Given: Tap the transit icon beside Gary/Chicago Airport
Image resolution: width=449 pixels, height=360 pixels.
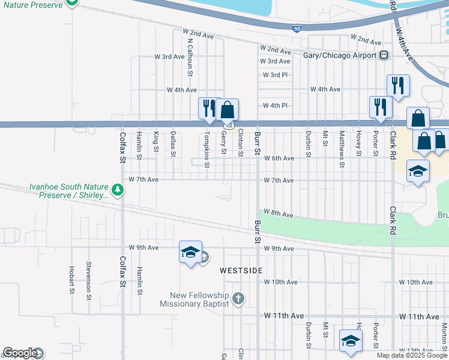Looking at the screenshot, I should pos(383,55).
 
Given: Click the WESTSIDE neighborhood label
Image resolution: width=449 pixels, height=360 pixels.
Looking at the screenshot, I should pos(241,271).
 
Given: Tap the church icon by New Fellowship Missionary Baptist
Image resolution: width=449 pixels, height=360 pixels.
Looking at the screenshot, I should pos(238,298).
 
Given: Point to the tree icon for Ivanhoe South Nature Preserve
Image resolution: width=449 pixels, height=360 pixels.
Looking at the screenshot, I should pos(118,190).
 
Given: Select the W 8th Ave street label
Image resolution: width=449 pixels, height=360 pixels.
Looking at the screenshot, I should pos(279,214).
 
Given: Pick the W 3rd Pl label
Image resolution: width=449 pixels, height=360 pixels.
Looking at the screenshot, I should pos(276,75).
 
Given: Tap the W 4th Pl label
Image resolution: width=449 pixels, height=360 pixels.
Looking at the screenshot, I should pos(276,106).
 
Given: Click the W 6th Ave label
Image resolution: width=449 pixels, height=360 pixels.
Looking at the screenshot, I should pos(279,158).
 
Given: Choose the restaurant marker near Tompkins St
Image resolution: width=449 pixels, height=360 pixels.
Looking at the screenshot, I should pos(208,109).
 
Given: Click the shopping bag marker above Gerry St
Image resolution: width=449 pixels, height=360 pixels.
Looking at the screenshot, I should pos(228,110).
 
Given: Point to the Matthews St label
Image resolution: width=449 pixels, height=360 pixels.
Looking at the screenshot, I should pos(342,149).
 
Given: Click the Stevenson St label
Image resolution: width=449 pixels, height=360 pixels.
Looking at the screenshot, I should pos(89,277).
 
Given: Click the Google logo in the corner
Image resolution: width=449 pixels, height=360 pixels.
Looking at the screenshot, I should pos(20,353).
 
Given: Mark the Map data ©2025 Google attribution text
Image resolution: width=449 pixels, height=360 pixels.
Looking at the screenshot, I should pos(412,355).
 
